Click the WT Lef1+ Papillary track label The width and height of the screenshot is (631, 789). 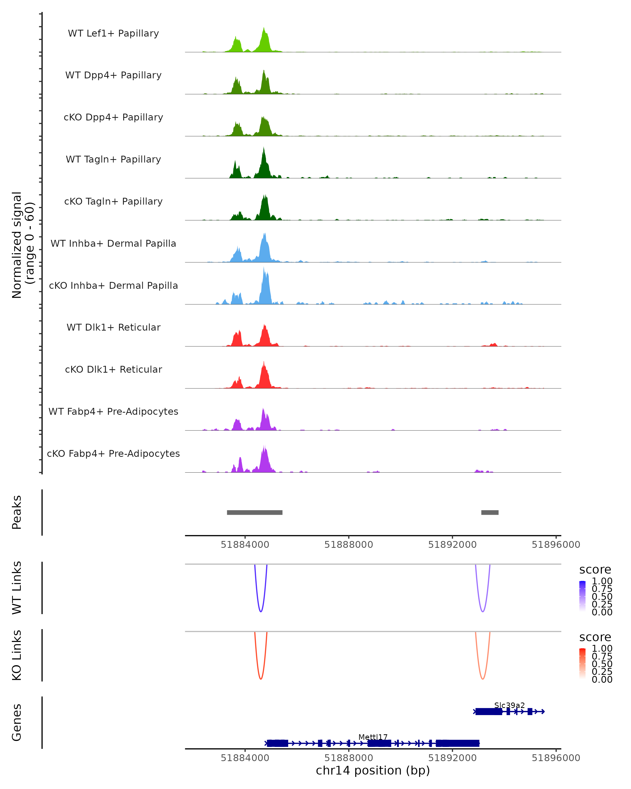(113, 33)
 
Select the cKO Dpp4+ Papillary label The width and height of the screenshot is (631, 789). (113, 117)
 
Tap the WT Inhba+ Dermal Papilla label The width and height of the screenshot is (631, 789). (113, 243)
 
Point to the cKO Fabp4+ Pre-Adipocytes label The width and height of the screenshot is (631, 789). (113, 453)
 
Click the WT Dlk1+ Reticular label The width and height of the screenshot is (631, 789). (113, 327)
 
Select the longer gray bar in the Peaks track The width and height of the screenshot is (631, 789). (255, 512)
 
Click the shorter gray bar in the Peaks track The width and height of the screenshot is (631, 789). (490, 512)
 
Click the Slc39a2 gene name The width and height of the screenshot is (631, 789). (509, 705)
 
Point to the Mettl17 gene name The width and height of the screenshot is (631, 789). (373, 737)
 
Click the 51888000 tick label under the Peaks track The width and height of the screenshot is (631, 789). (349, 545)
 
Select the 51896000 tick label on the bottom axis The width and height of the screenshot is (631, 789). (556, 758)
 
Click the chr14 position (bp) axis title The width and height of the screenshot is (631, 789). (373, 771)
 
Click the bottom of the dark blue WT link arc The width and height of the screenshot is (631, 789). (261, 611)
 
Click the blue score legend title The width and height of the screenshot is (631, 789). (595, 569)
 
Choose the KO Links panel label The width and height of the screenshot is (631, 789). (17, 655)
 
